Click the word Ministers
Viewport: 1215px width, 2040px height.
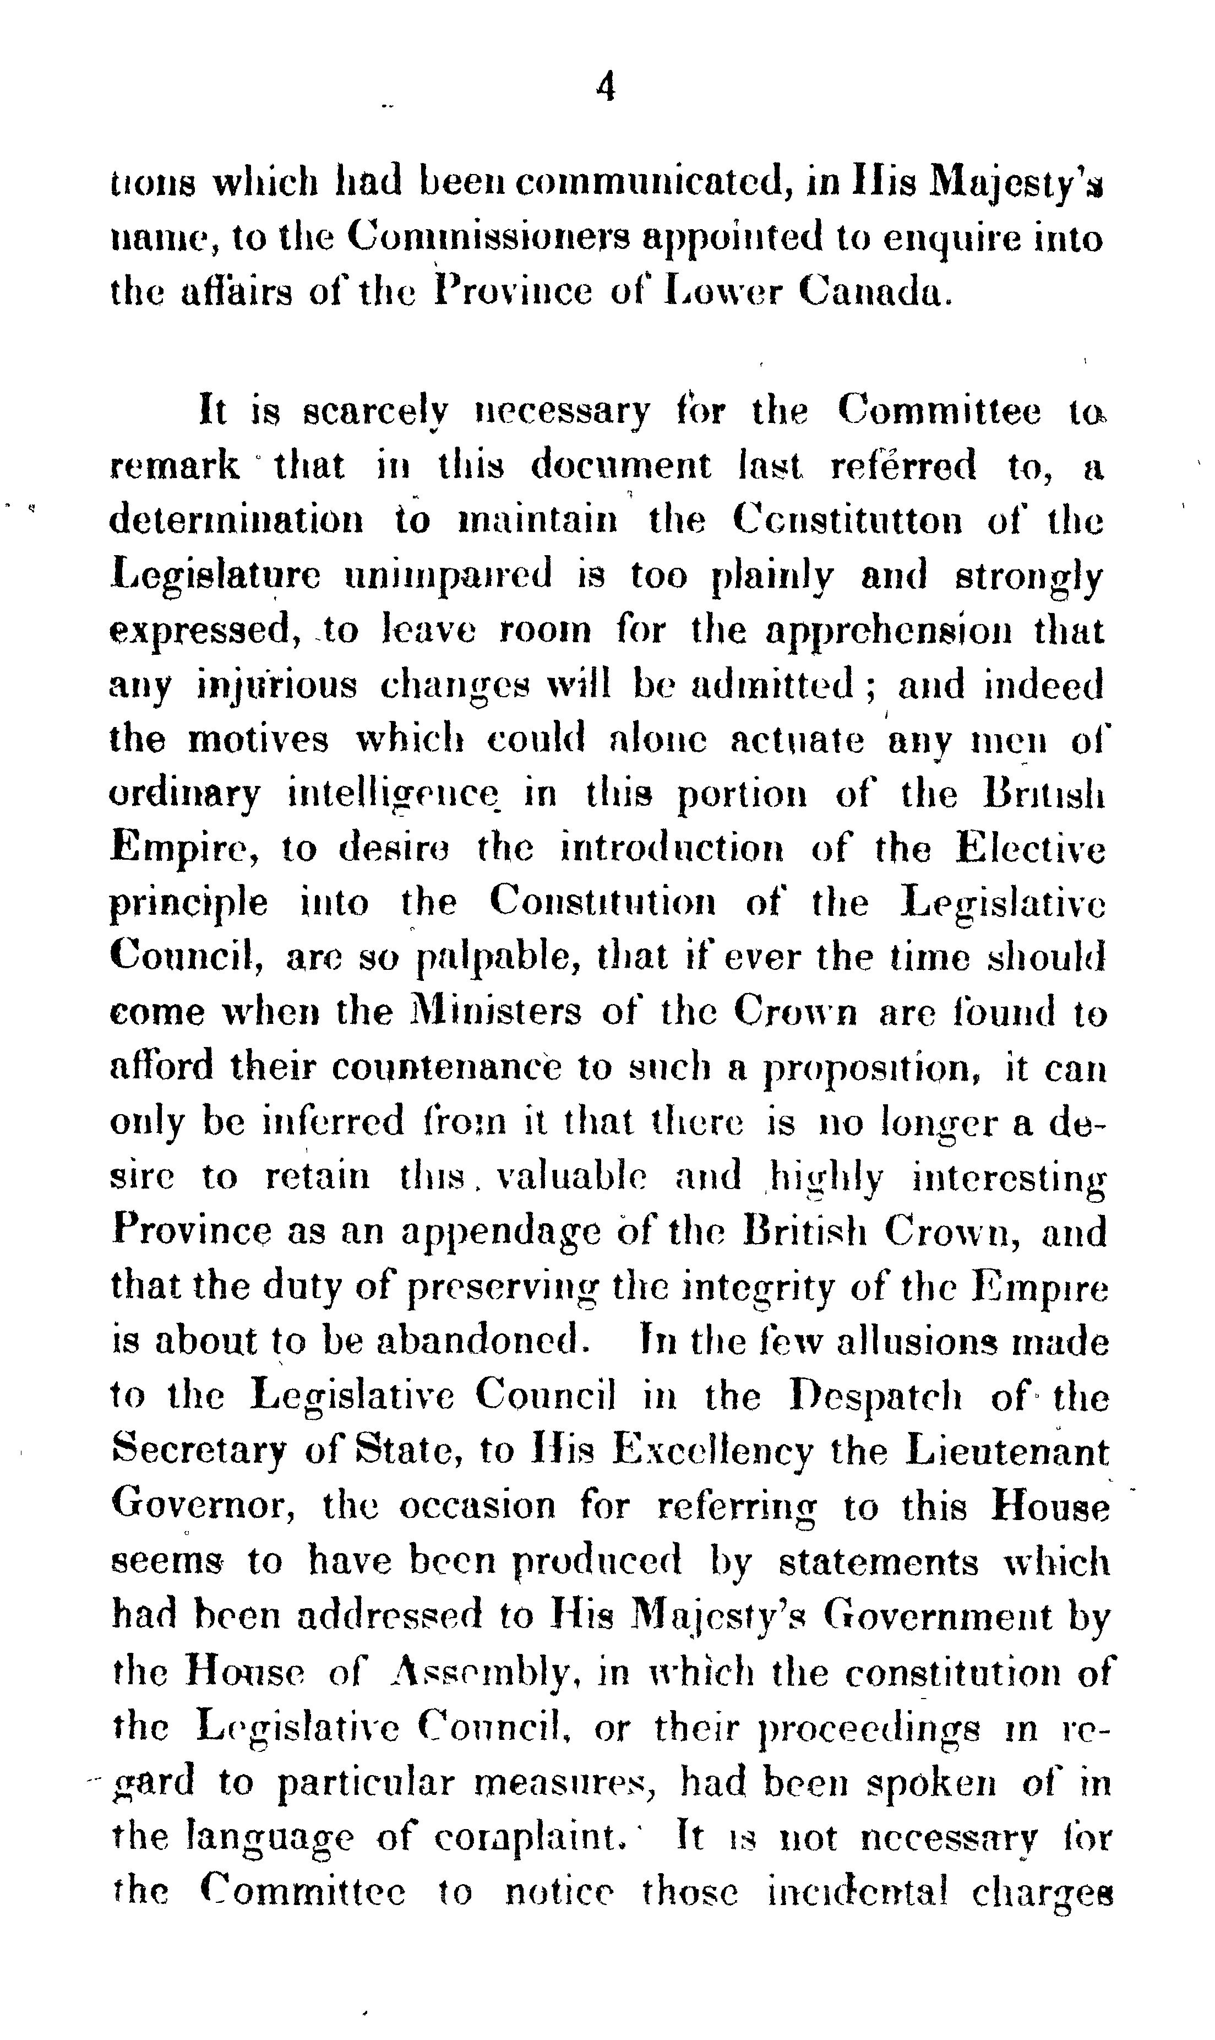pos(494,1012)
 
